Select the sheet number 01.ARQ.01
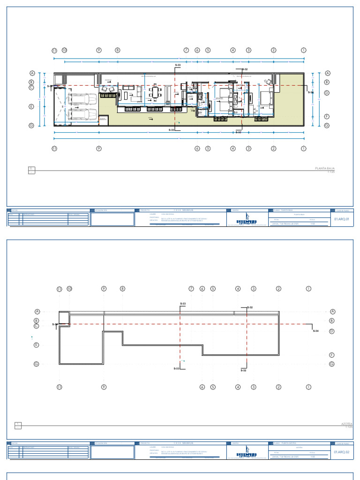[x=342, y=219]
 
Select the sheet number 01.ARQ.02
[x=342, y=452]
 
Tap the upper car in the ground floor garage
[x=82, y=99]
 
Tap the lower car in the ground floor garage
[x=82, y=114]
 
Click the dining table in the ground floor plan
[x=155, y=92]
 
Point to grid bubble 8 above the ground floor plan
[x=118, y=50]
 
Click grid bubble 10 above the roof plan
[x=69, y=289]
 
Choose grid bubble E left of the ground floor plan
[x=32, y=106]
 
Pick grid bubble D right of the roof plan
[x=331, y=331]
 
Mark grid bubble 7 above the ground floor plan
[x=186, y=50]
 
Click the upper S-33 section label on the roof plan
[x=183, y=304]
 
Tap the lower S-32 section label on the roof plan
[x=243, y=370]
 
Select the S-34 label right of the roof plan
[x=315, y=331]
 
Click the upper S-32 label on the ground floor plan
[x=244, y=69]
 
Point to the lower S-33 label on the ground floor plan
[x=172, y=129]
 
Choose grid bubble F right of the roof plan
[x=331, y=355]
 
